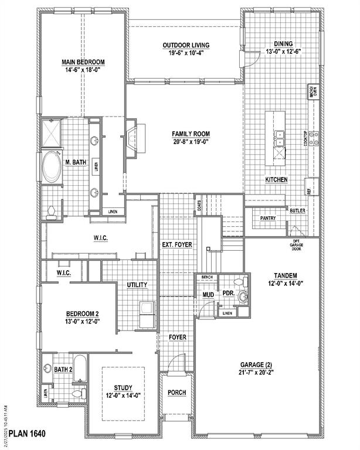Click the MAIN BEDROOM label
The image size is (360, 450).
click(83, 62)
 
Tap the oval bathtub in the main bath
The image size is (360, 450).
click(52, 167)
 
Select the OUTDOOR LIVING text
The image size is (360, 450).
click(186, 46)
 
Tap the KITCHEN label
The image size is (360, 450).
click(276, 179)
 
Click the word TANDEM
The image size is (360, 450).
click(285, 275)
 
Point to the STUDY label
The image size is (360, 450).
click(123, 387)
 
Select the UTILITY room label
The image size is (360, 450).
click(137, 285)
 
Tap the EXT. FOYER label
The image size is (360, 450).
click(177, 244)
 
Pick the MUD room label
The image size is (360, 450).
click(208, 295)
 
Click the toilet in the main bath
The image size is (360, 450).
click(51, 213)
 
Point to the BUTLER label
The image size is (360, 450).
click(297, 210)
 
